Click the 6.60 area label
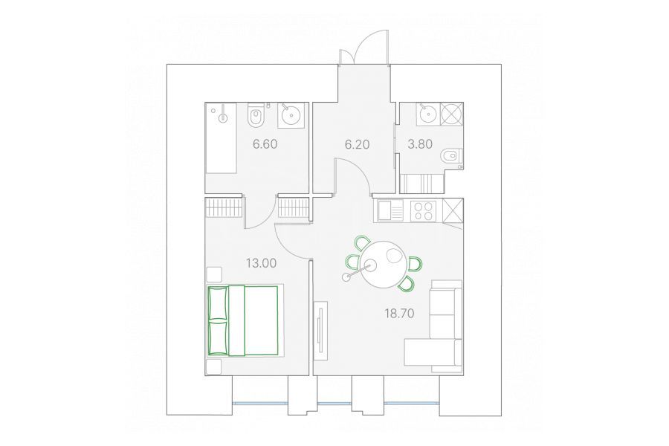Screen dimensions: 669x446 [265, 144]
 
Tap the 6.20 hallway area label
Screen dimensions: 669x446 [357, 144]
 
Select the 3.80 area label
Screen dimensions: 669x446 [420, 144]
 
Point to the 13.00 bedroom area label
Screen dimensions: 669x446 [261, 263]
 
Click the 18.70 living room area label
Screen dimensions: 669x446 [399, 314]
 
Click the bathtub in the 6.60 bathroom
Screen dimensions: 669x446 [221, 138]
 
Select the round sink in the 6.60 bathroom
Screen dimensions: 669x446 [291, 115]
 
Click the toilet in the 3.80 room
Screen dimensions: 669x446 [452, 156]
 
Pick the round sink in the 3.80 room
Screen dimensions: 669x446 [427, 114]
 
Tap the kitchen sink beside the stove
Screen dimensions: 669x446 [390, 211]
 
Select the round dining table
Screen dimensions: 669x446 [383, 264]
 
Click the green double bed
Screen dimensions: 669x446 [243, 320]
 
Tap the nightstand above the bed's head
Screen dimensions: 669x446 [214, 274]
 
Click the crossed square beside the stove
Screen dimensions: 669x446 [453, 210]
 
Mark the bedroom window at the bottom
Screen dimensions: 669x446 [260, 403]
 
